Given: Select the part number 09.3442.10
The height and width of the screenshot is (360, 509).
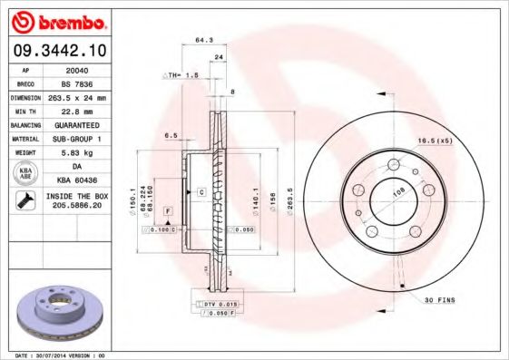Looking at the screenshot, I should [55, 52].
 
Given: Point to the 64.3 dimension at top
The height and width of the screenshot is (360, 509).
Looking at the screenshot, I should [203, 40].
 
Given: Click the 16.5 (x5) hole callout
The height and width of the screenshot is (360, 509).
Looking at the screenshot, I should [434, 141].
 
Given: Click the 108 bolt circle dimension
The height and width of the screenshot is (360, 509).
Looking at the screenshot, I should [396, 193].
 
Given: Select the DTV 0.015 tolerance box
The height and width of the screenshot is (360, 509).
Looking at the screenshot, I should [218, 302].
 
